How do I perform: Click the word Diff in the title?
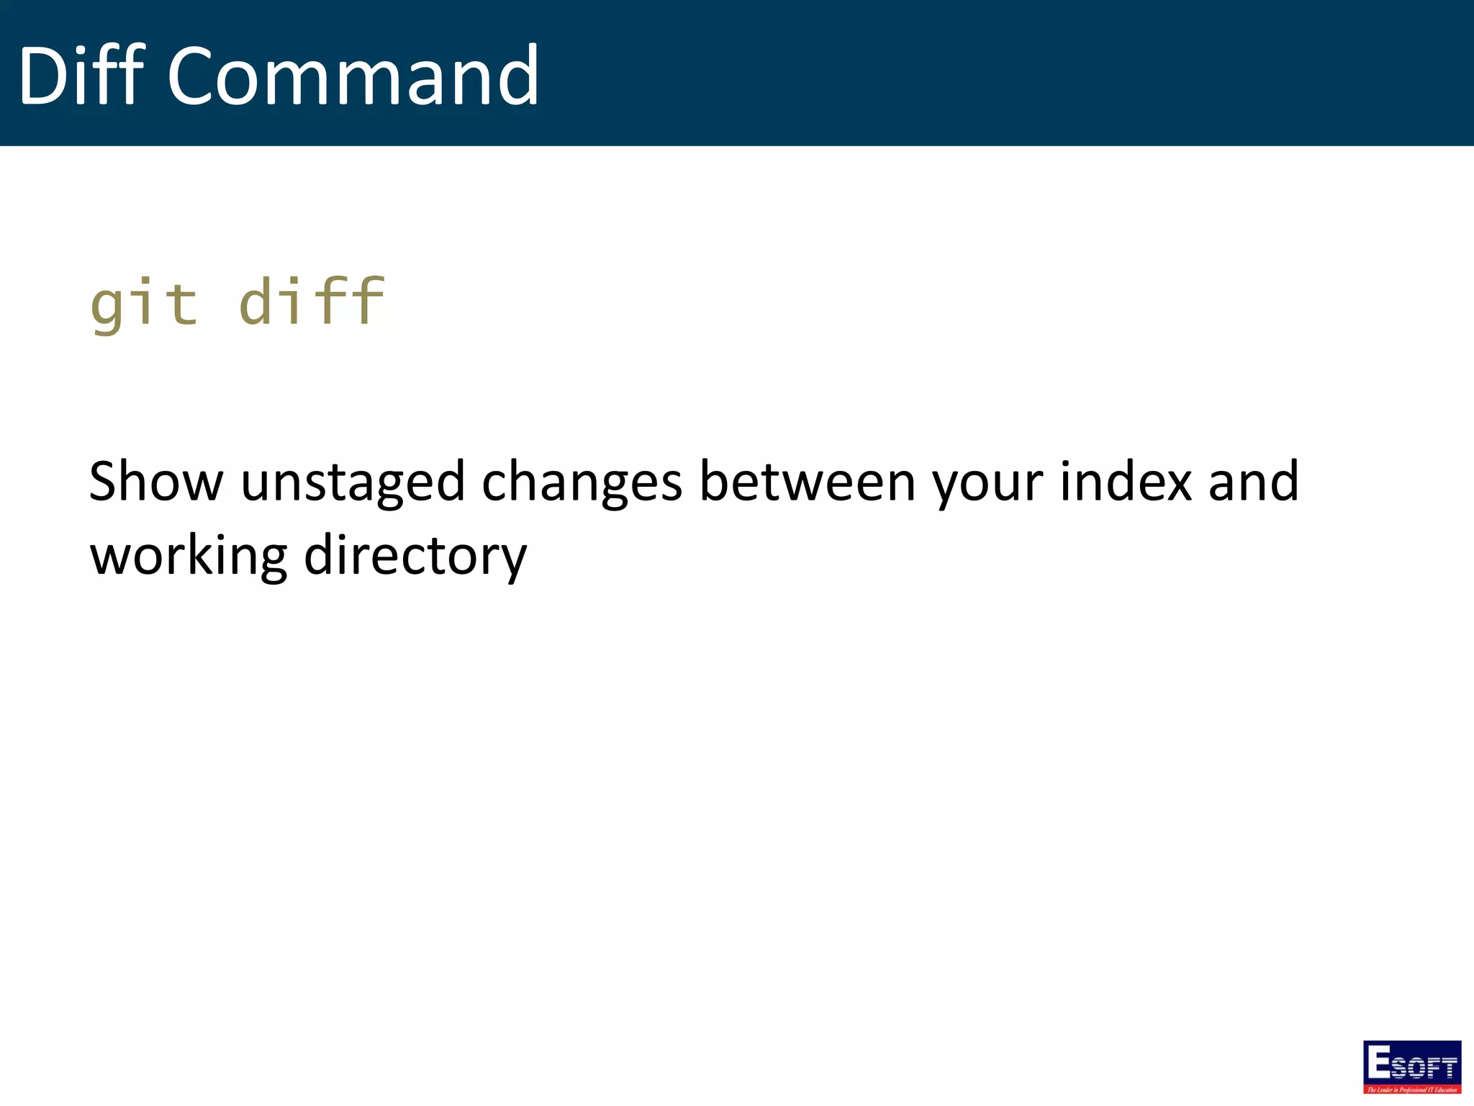click(81, 75)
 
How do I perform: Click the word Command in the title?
click(353, 76)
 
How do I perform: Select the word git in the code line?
click(144, 302)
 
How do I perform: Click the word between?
click(808, 481)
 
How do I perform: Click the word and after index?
click(1254, 481)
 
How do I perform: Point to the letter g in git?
click(106, 306)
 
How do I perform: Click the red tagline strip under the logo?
click(1412, 1089)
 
